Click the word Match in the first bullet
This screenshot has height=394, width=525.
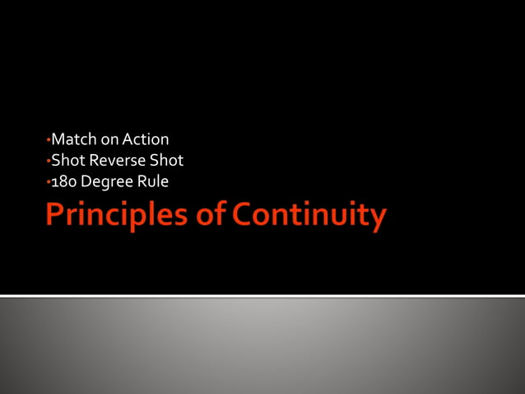coord(72,140)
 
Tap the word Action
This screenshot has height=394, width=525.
coord(146,140)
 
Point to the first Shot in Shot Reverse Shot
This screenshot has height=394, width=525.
coord(67,161)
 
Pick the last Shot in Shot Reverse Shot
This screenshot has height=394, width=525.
coord(165,161)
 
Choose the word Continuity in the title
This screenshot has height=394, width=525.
coord(309,216)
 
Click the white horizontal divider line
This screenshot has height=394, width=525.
coord(262,295)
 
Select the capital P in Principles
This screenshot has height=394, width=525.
coord(55,215)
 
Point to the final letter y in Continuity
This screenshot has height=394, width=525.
coord(377,218)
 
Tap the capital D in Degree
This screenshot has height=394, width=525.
coord(86,181)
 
